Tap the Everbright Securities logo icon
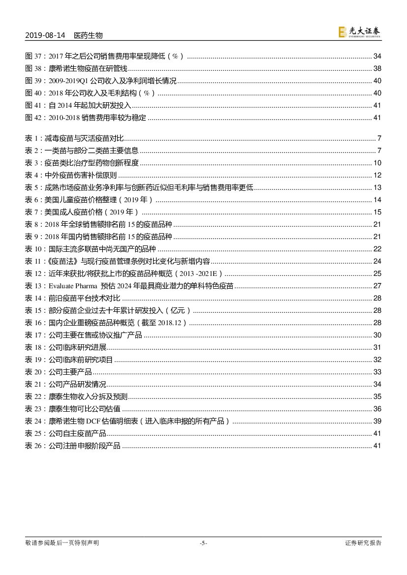click(343, 32)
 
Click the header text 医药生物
click(88, 35)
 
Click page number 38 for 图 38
click(377, 69)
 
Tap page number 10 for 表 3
click(377, 163)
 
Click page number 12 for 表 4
click(377, 175)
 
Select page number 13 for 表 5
click(377, 187)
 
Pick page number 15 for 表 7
click(377, 212)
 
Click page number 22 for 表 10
click(377, 249)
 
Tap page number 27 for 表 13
click(377, 286)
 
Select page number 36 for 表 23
click(377, 409)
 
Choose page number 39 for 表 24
click(377, 421)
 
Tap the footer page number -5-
click(203, 543)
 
